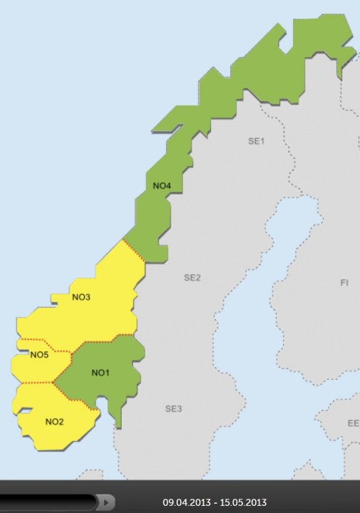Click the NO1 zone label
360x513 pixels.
tap(100, 373)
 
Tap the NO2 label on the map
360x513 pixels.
tap(55, 421)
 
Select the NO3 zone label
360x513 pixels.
tap(81, 297)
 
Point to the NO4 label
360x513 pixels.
tap(162, 187)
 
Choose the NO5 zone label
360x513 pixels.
tap(38, 355)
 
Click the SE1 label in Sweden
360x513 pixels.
tap(256, 141)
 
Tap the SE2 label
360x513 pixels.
tap(192, 277)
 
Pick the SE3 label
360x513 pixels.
tap(173, 409)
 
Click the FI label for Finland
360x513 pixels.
tap(344, 283)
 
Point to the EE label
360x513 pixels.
tap(353, 423)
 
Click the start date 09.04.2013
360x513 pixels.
tap(185, 502)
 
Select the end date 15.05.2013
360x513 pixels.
tap(245, 502)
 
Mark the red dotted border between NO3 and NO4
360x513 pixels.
tap(133, 252)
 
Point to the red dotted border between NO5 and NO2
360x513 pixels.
tap(36, 383)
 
